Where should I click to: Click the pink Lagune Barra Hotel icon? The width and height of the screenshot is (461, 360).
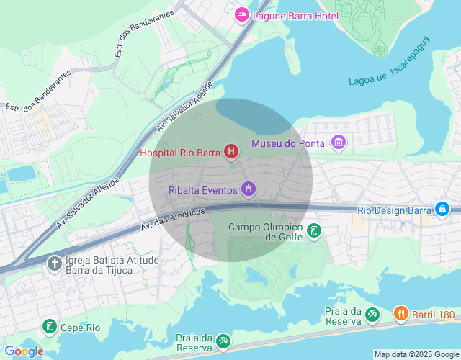242,14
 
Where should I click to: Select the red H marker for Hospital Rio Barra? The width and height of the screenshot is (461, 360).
231,151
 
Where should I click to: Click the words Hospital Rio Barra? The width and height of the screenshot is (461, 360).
180,152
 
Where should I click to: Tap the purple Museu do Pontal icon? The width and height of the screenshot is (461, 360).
339,143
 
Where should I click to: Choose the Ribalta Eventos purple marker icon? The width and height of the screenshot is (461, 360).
249,189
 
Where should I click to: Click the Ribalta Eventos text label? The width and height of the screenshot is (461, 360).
203,190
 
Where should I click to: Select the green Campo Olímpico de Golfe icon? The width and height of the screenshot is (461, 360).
314,231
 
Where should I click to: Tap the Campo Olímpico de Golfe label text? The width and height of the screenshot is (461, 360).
264,232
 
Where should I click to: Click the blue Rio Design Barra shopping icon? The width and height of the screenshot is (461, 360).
442,210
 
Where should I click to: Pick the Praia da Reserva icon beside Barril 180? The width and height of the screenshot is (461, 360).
372,314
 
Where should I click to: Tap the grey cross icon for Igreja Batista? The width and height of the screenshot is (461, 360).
54,264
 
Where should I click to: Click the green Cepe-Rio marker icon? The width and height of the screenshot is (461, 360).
48,327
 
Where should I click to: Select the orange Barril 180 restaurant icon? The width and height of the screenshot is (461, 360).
400,314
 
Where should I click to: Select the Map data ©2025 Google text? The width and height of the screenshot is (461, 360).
416,354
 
